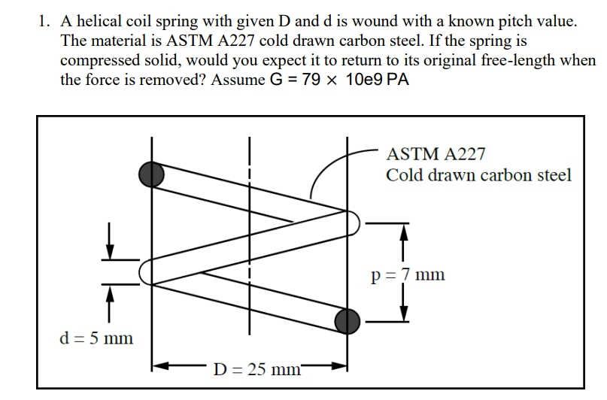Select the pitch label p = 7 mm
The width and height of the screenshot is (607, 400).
[x=408, y=274]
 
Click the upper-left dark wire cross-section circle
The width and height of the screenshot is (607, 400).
[x=151, y=174]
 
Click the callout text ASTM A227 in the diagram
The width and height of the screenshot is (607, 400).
[x=436, y=155]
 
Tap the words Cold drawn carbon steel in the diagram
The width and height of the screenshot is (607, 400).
[x=478, y=175]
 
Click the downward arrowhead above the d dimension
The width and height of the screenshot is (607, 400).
[x=111, y=251]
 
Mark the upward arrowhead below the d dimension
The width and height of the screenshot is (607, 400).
[x=111, y=292]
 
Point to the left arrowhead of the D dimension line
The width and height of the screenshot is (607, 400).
[x=158, y=368]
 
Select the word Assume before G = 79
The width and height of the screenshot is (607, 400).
[x=238, y=80]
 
